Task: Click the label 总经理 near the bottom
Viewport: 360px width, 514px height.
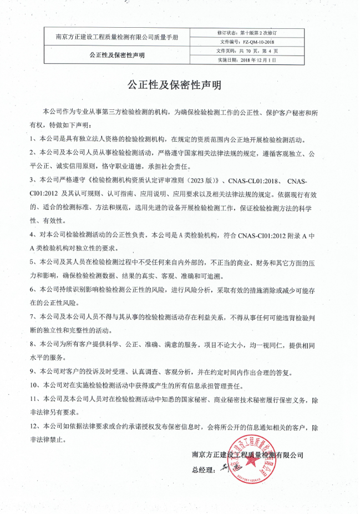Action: [x=202, y=470]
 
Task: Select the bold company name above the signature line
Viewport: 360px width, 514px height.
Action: [x=247, y=454]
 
